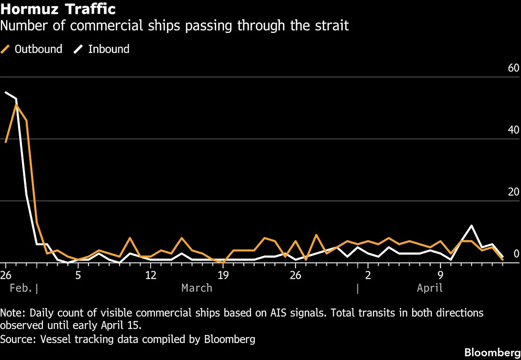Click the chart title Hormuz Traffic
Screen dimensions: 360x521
pos(58,9)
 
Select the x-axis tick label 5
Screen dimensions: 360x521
pos(78,275)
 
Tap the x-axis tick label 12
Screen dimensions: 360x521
pos(150,275)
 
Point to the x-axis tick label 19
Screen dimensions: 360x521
pos(223,275)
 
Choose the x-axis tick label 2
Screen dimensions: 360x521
pos(368,275)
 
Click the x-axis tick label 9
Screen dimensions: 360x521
pos(440,275)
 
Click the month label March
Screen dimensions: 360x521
pos(197,288)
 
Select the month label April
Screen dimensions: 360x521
pos(430,288)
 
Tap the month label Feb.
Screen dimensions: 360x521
pos(20,288)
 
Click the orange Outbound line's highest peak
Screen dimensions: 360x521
pos(16,105)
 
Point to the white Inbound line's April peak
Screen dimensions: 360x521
pos(472,226)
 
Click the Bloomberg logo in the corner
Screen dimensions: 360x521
pos(492,352)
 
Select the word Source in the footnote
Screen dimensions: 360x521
pos(16,339)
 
